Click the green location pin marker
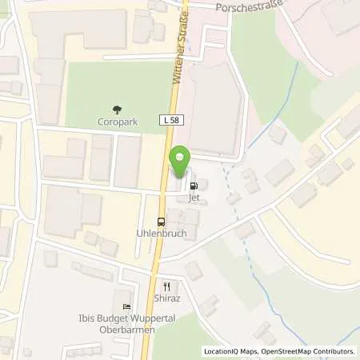(182, 162)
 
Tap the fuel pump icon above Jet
(193, 184)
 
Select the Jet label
(193, 196)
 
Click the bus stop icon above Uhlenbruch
(162, 222)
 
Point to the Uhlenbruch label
(162, 234)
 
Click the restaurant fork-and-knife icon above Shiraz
(167, 286)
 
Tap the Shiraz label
(167, 298)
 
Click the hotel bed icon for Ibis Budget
(126, 306)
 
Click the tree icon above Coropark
(118, 110)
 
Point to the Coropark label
(118, 122)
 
